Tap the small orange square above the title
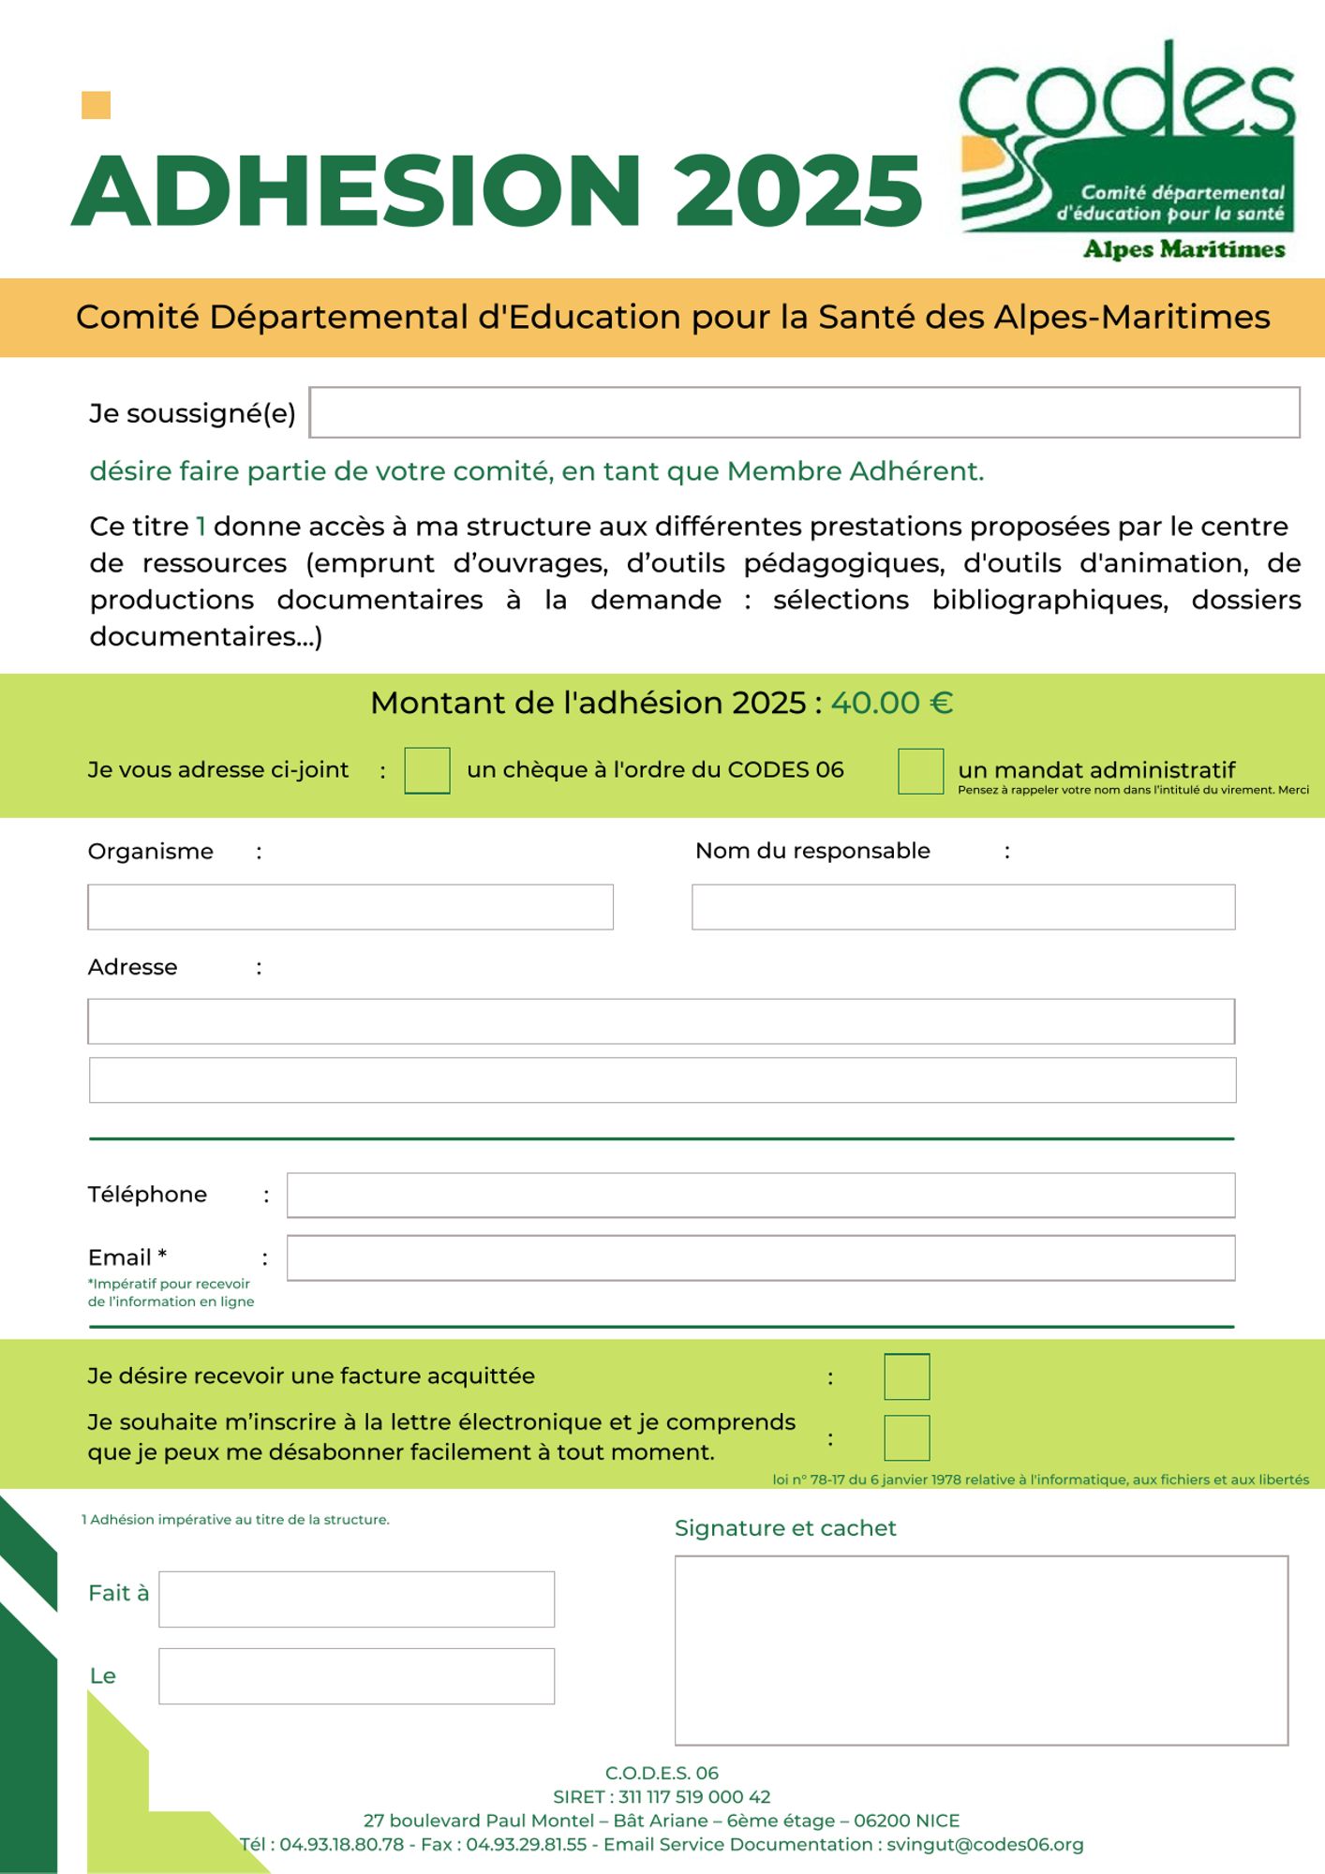click(x=96, y=105)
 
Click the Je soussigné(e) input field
click(x=804, y=412)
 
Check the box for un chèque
click(x=427, y=770)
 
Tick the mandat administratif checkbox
click(x=920, y=770)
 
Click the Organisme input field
click(x=350, y=907)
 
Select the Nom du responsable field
click(x=963, y=907)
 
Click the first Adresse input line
click(x=661, y=1021)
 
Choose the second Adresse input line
click(x=662, y=1080)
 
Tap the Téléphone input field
click(x=761, y=1195)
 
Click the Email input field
click(x=761, y=1257)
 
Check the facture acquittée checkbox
click(x=907, y=1376)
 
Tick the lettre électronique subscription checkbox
click(x=907, y=1437)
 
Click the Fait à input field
click(x=356, y=1599)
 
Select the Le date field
click(x=356, y=1676)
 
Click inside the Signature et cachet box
click(x=981, y=1650)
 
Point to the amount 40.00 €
click(x=892, y=703)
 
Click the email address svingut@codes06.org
click(x=985, y=1844)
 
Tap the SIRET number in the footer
click(x=694, y=1796)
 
